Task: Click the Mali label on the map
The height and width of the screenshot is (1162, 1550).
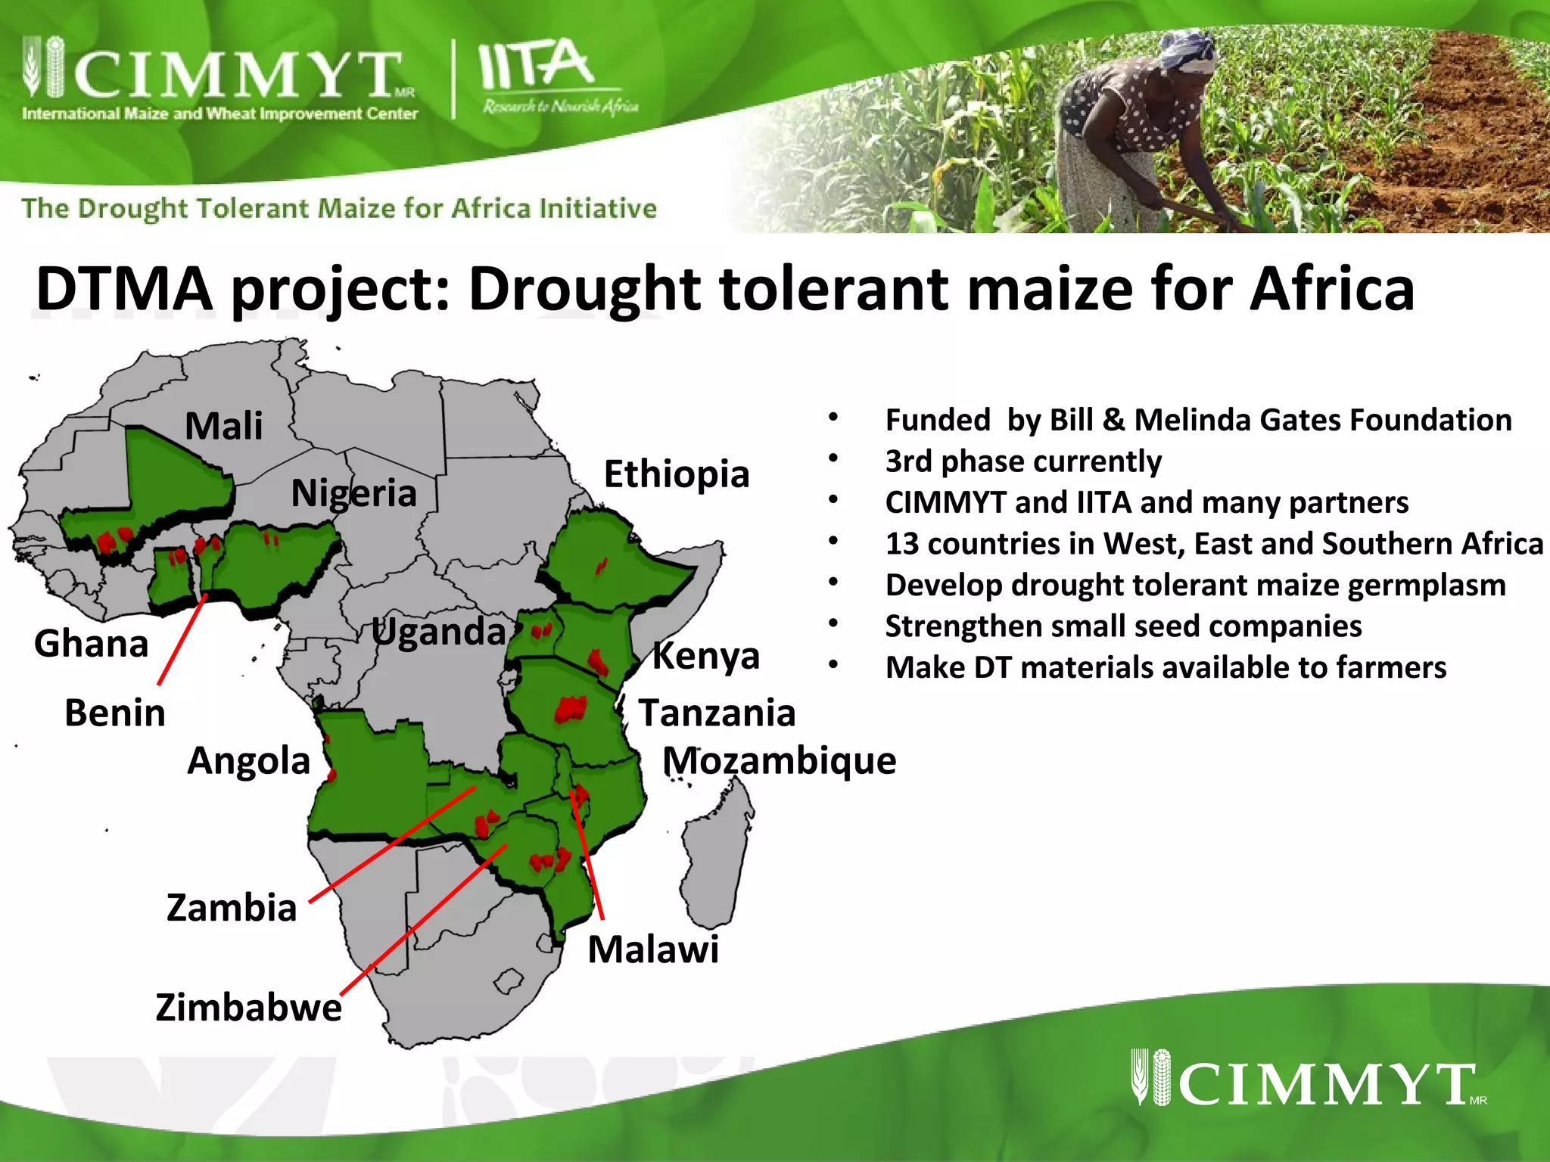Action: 223,426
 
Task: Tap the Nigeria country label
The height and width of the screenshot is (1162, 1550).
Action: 353,493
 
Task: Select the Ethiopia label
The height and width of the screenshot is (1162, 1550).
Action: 676,474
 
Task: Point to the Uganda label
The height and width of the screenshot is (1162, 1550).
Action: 438,632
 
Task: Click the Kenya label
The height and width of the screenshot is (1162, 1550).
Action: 705,655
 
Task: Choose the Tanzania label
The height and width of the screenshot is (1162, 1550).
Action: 717,713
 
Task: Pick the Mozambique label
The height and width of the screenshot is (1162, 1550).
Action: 779,760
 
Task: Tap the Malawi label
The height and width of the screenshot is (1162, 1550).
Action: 652,949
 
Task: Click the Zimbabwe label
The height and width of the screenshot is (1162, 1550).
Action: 248,1008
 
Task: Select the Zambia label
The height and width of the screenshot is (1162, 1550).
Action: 231,907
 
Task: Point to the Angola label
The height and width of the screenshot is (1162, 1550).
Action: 248,760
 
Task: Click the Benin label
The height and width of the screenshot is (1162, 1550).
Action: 114,713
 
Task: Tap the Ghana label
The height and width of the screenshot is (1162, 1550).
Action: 91,644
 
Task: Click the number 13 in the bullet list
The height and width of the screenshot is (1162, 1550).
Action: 902,544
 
